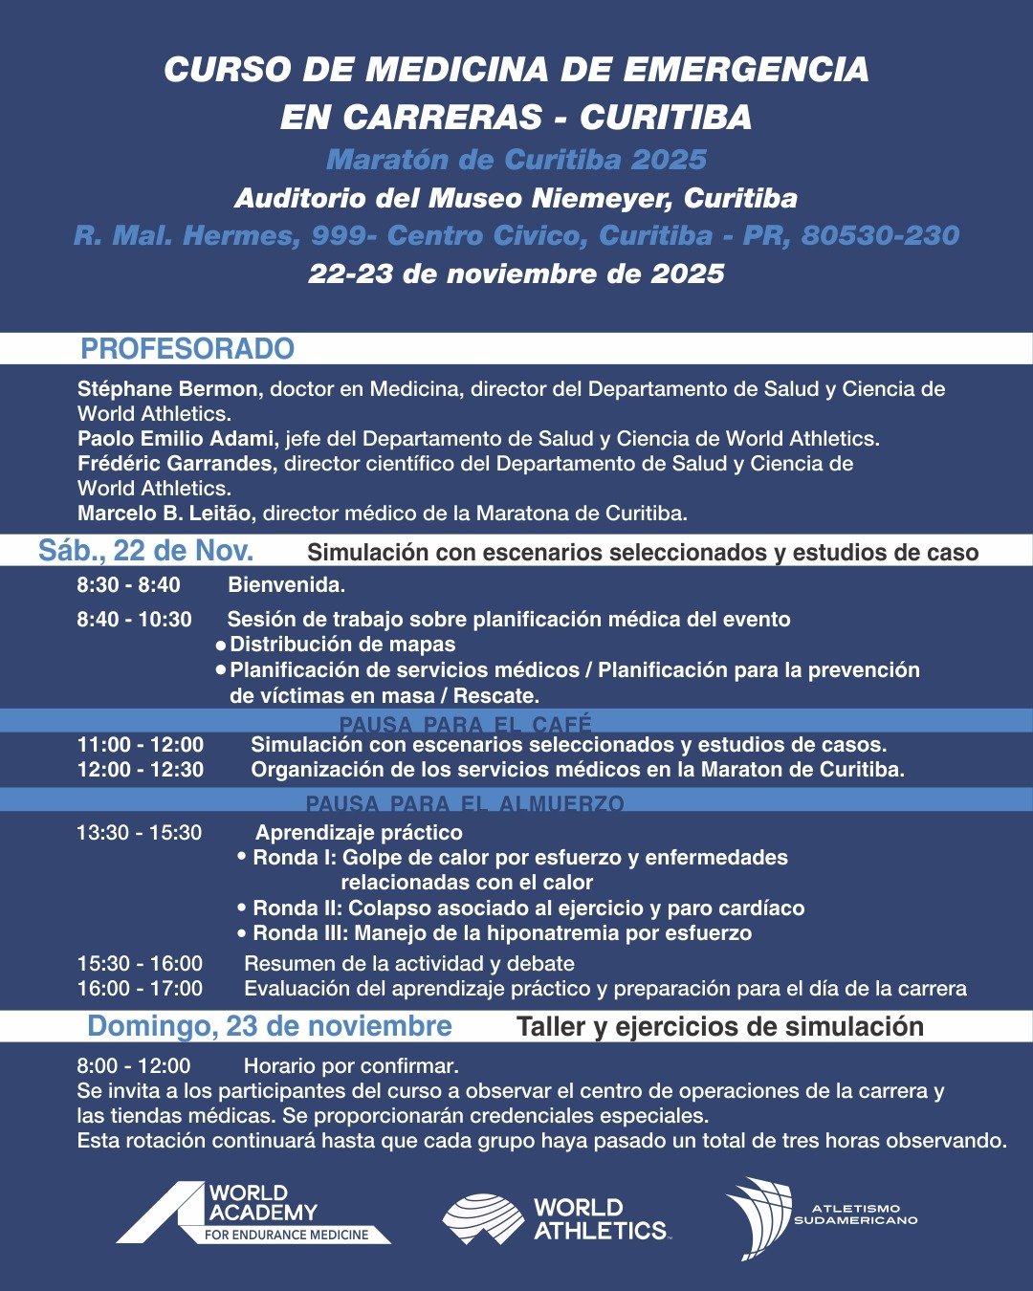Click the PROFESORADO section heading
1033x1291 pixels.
(187, 349)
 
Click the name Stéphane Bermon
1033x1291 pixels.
(167, 389)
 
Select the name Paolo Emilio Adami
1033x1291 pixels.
(177, 439)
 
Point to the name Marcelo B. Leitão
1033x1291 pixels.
(165, 514)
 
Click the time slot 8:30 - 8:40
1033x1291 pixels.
(128, 585)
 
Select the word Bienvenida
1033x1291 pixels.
(286, 585)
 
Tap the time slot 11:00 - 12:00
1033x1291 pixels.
(141, 745)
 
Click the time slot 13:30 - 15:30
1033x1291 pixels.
(140, 833)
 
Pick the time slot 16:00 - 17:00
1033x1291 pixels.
(140, 989)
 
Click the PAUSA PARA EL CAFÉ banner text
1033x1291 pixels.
(465, 724)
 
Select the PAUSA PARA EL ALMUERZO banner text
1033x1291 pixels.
(465, 803)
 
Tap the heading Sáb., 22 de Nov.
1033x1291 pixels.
(145, 551)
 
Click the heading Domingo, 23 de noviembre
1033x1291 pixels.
(269, 1026)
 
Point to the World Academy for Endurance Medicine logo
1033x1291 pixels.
(253, 1213)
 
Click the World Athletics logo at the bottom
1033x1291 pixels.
(555, 1219)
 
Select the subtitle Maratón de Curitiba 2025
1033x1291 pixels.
(516, 160)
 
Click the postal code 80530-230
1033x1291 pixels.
(880, 236)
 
